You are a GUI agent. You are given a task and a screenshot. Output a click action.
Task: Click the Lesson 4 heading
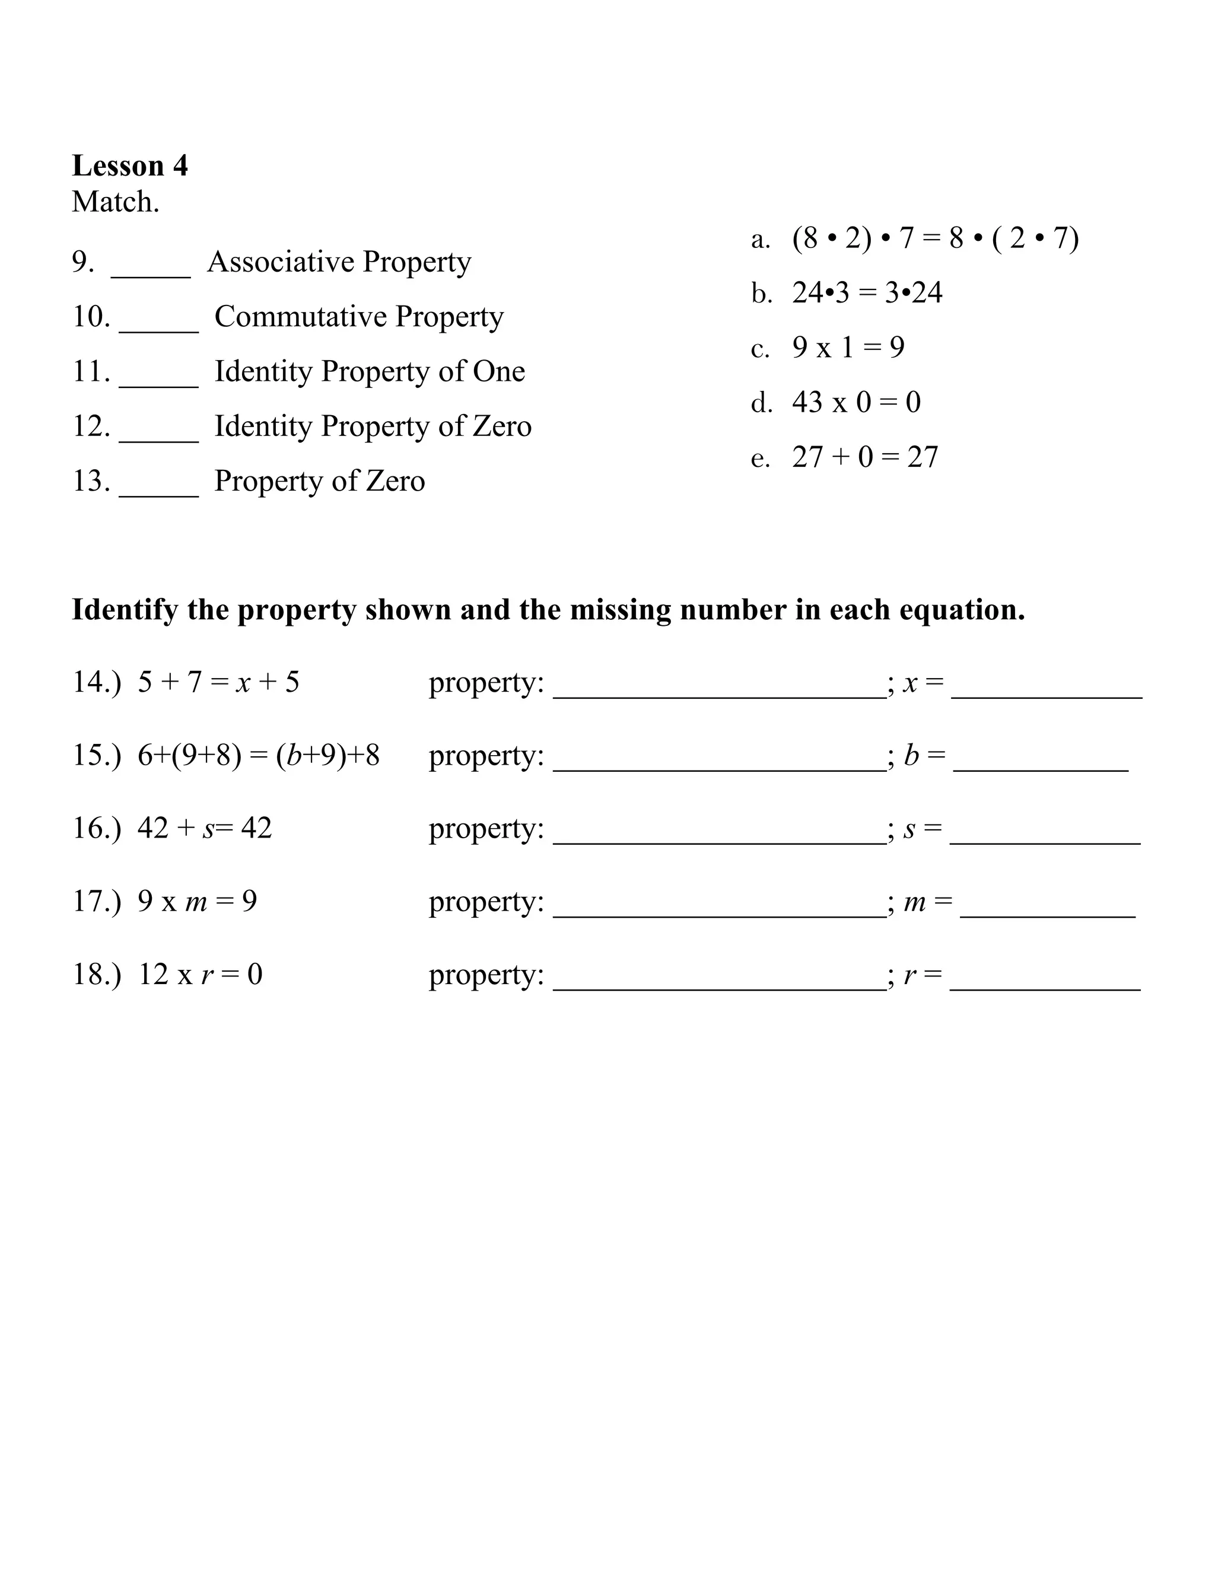click(x=129, y=166)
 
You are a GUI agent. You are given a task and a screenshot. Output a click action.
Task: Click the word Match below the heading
click(x=115, y=202)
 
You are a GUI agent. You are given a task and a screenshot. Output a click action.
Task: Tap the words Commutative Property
click(x=358, y=317)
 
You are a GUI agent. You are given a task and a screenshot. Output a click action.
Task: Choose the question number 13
click(x=91, y=481)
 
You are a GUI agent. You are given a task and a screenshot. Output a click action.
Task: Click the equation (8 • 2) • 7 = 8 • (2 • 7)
click(x=935, y=238)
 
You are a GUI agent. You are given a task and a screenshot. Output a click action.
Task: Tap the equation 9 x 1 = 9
click(x=848, y=348)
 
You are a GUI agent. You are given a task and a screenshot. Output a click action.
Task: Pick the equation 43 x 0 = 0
click(x=856, y=402)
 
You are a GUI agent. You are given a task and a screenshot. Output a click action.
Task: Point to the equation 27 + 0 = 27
click(x=864, y=457)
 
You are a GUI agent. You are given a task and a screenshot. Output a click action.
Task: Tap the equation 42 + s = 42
click(x=205, y=829)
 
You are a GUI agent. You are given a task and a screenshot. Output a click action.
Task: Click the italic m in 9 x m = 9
click(x=196, y=902)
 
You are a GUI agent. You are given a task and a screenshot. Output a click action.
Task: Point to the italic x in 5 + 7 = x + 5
click(x=243, y=683)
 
